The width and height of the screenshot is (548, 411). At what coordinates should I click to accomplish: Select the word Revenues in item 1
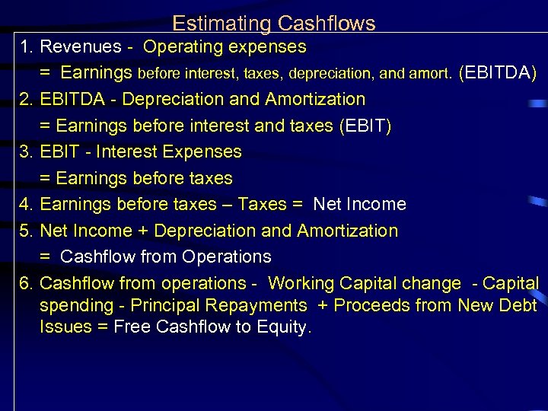[81, 47]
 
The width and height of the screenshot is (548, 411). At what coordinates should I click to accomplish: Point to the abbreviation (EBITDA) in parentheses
[499, 73]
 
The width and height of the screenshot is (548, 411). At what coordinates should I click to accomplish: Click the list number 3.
[25, 152]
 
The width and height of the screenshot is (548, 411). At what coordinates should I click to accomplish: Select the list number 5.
[25, 231]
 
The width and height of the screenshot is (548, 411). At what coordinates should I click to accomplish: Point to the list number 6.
[25, 284]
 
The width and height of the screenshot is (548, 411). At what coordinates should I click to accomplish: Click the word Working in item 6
[301, 284]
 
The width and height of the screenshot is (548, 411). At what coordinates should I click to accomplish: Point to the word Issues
[64, 328]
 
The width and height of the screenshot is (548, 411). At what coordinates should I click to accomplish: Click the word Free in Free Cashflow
[130, 328]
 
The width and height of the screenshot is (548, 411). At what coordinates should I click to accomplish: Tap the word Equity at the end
[287, 328]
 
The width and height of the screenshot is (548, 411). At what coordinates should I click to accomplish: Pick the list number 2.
[25, 100]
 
